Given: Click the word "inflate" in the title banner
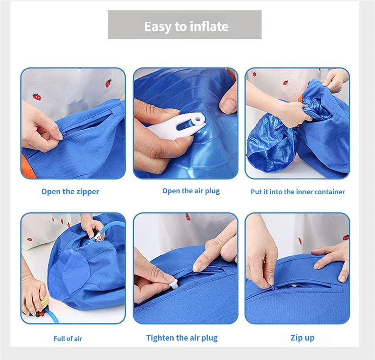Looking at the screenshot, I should tap(209, 27).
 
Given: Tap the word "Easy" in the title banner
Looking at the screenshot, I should tap(158, 27).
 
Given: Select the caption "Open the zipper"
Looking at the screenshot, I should tap(70, 192).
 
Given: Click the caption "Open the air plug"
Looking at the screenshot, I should tap(191, 191).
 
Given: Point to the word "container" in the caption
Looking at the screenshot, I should tap(328, 192).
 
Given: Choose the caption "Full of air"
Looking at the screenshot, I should tap(68, 339).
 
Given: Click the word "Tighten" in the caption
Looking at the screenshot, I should tap(160, 338).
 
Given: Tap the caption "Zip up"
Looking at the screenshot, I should tap(302, 338).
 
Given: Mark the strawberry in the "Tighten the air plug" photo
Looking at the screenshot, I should tap(187, 217).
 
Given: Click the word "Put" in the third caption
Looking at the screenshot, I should tap(256, 192).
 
